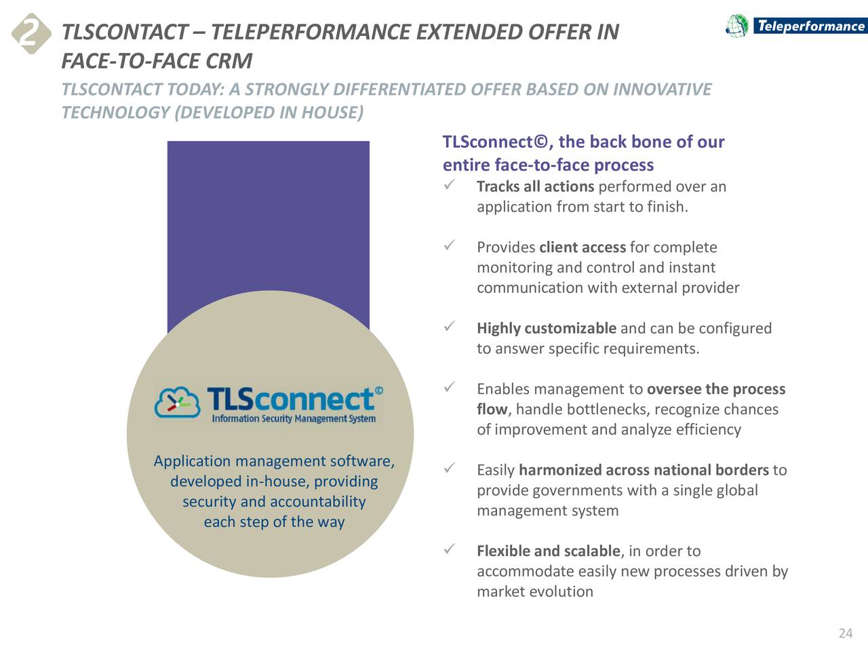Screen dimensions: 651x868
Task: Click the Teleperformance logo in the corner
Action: (795, 26)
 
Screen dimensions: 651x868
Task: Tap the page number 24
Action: (845, 633)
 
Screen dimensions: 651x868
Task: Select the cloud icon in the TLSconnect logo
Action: (177, 403)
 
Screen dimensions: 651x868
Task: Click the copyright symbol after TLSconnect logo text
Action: (379, 390)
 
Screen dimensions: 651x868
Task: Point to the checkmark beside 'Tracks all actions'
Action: (449, 184)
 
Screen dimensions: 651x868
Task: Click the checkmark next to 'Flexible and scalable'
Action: (449, 549)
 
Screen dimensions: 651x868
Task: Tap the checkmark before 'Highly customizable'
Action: (449, 327)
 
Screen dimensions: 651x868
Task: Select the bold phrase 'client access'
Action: (582, 248)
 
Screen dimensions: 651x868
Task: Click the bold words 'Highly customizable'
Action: (546, 329)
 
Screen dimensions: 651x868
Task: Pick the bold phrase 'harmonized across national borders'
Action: (644, 471)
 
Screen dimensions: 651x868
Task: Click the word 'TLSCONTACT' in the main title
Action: (124, 32)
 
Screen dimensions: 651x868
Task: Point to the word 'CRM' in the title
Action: (229, 62)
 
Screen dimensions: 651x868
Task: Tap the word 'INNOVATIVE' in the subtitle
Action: (662, 90)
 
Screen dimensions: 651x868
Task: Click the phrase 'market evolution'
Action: (535, 592)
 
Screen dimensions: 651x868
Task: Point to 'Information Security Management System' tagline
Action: (294, 419)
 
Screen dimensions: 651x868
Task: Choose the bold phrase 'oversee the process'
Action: (715, 389)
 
